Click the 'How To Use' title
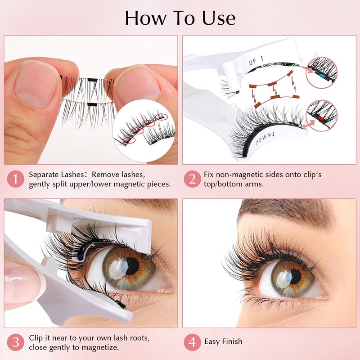point(180,18)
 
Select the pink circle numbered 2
point(193,179)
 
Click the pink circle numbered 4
point(193,342)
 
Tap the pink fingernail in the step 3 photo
point(18,278)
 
